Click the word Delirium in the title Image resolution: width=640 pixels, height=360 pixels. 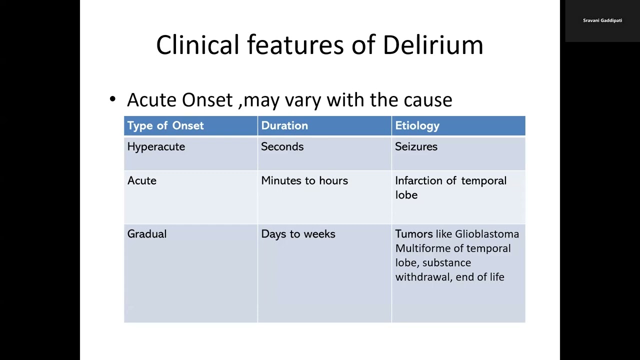click(x=432, y=45)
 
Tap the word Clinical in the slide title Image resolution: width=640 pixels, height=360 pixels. click(x=197, y=45)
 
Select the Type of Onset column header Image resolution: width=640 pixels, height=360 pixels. click(x=165, y=125)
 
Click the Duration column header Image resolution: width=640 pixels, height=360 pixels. click(x=284, y=125)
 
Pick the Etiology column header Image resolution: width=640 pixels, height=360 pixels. click(x=417, y=125)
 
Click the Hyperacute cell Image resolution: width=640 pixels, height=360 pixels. click(x=156, y=146)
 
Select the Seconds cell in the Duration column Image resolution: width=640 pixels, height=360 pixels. click(x=282, y=146)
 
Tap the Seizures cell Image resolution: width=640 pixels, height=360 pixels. click(x=416, y=146)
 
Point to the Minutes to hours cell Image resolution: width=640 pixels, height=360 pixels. click(x=304, y=180)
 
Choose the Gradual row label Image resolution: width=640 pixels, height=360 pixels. click(x=147, y=234)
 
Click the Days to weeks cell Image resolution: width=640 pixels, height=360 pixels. click(x=298, y=234)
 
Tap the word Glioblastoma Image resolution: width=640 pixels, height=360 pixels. click(x=487, y=234)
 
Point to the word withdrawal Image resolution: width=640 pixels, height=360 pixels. click(x=423, y=277)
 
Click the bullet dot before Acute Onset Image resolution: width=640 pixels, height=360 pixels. click(x=112, y=99)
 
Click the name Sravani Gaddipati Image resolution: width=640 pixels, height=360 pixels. click(x=602, y=20)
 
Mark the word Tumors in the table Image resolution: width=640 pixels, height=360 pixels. click(x=414, y=234)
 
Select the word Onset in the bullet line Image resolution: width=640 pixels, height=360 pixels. click(x=207, y=100)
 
